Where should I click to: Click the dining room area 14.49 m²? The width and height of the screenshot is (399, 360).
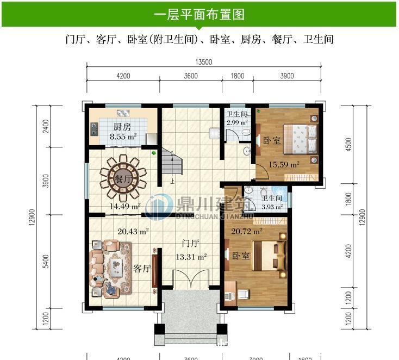126,206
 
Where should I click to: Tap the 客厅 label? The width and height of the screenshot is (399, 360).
142,268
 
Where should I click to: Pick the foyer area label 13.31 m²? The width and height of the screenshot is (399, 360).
191,257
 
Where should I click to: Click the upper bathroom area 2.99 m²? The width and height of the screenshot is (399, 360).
237,122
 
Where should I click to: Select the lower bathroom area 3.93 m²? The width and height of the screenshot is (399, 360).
272,207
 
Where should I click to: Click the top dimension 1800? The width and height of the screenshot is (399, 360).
237,76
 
